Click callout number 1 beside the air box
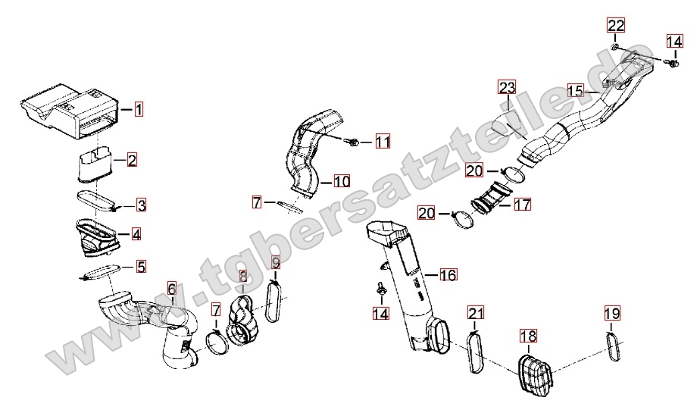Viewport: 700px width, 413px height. tap(139, 109)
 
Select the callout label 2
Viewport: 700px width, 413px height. tap(132, 160)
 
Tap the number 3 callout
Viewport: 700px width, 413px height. tap(141, 205)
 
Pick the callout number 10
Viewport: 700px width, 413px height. tap(341, 182)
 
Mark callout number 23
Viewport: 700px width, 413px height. tap(507, 87)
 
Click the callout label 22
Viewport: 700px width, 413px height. tap(616, 25)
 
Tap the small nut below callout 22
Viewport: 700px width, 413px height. tap(614, 47)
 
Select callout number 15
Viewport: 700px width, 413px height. tap(576, 91)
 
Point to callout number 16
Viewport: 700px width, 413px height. tap(448, 274)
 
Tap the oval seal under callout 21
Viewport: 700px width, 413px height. tap(476, 352)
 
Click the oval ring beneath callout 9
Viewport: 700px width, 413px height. tap(273, 300)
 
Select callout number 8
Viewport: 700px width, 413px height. tap(243, 277)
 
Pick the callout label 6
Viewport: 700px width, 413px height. tap(172, 289)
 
